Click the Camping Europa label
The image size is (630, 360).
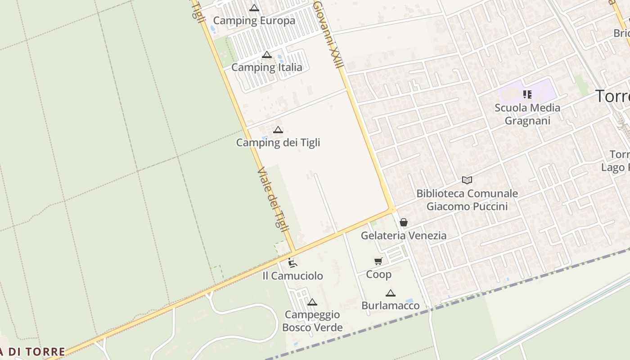tap(254, 21)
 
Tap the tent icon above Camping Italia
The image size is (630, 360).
tap(267, 55)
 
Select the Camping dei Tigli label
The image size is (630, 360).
tap(278, 143)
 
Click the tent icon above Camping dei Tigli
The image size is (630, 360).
tap(278, 130)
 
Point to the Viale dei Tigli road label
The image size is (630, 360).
tap(273, 200)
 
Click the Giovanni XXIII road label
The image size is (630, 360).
tap(328, 34)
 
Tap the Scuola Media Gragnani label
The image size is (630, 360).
tap(527, 114)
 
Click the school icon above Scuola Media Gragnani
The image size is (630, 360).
tap(527, 94)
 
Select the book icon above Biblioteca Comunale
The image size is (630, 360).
tap(467, 180)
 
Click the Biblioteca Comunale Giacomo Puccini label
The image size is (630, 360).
tap(467, 200)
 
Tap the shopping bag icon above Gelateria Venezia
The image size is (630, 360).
tap(404, 222)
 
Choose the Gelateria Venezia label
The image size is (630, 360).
tap(404, 235)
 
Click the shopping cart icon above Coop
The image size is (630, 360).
tap(378, 261)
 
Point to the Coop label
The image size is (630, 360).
tap(378, 274)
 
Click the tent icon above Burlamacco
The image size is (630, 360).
tap(391, 293)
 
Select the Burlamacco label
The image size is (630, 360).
tap(391, 306)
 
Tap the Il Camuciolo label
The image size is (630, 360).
tap(292, 276)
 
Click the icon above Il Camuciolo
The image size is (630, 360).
tap(292, 263)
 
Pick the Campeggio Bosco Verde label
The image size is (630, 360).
tap(312, 321)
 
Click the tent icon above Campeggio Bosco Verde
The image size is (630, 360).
tap(312, 302)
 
